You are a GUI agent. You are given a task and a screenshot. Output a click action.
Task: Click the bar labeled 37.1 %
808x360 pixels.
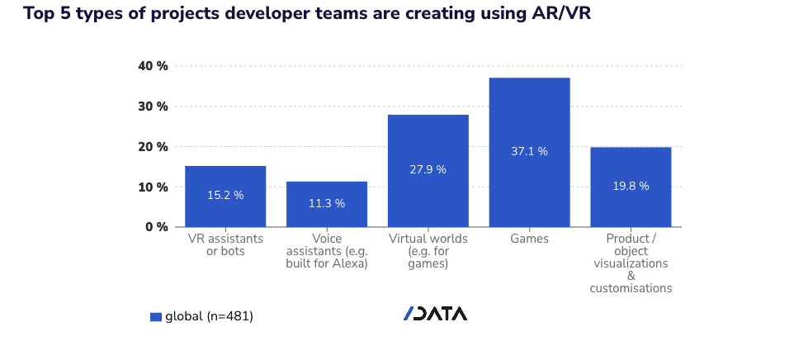click(529, 152)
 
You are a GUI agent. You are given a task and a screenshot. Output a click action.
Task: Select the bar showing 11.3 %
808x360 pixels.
click(327, 204)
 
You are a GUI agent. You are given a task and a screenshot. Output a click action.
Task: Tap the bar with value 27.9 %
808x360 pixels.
click(428, 170)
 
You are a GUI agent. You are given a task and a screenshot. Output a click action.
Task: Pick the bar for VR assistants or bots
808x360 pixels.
click(225, 197)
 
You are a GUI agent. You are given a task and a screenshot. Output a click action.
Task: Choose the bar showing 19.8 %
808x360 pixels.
click(631, 187)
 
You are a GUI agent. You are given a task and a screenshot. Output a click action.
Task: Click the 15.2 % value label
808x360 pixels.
click(225, 196)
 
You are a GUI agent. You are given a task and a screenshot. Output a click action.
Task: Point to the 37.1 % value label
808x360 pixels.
click(529, 151)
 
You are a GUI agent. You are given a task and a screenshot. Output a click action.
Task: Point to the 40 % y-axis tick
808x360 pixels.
click(152, 66)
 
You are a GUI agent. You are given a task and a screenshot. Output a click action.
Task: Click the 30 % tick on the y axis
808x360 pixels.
click(152, 107)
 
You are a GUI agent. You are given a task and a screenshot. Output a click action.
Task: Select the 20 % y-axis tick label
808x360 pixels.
click(152, 146)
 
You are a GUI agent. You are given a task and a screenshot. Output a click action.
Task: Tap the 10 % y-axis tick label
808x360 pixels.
click(152, 187)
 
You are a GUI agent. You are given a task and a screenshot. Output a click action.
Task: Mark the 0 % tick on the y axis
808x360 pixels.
click(155, 226)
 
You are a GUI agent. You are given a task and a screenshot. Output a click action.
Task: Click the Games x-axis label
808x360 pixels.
click(529, 239)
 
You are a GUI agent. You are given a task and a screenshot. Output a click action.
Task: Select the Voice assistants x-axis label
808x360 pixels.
click(327, 251)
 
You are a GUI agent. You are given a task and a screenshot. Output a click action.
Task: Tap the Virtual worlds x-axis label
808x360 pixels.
click(428, 251)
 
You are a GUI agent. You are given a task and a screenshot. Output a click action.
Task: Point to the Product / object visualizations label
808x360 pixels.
click(631, 263)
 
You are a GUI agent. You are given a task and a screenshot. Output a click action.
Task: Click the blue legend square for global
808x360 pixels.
click(155, 316)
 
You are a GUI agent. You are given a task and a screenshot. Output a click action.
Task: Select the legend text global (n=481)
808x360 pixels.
click(209, 316)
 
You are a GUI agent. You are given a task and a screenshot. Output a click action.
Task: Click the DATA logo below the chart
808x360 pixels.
click(436, 314)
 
